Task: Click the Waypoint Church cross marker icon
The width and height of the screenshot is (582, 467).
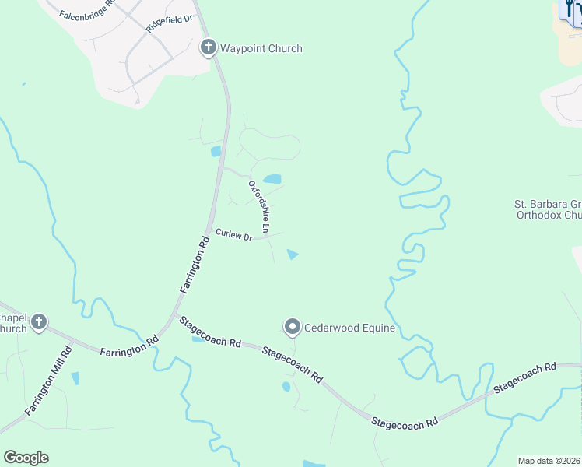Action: click(x=208, y=47)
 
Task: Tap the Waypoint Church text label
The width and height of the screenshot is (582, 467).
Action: click(x=261, y=48)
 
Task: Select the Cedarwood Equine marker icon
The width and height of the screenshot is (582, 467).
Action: click(x=293, y=327)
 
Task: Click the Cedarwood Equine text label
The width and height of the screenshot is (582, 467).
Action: click(x=349, y=328)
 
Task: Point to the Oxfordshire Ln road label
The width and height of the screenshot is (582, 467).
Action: click(x=259, y=207)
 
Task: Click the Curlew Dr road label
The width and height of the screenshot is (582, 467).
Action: click(x=234, y=234)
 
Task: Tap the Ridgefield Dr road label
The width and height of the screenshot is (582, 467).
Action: click(x=169, y=24)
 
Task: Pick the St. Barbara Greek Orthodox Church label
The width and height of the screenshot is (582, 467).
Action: click(x=548, y=211)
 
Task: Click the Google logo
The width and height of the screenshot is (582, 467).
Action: click(x=26, y=458)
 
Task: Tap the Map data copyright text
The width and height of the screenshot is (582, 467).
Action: click(x=549, y=461)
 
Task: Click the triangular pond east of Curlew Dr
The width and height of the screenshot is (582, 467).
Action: click(x=293, y=254)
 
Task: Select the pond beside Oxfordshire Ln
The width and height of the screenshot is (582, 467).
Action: click(x=272, y=179)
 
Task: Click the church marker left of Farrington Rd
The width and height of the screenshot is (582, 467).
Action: click(x=38, y=321)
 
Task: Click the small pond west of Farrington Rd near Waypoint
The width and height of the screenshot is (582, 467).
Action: click(x=216, y=151)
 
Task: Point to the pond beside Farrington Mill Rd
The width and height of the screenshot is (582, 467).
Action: click(x=75, y=378)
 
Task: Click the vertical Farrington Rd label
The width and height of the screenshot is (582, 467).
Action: click(x=195, y=265)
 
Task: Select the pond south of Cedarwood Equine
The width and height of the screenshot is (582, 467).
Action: click(x=286, y=387)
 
